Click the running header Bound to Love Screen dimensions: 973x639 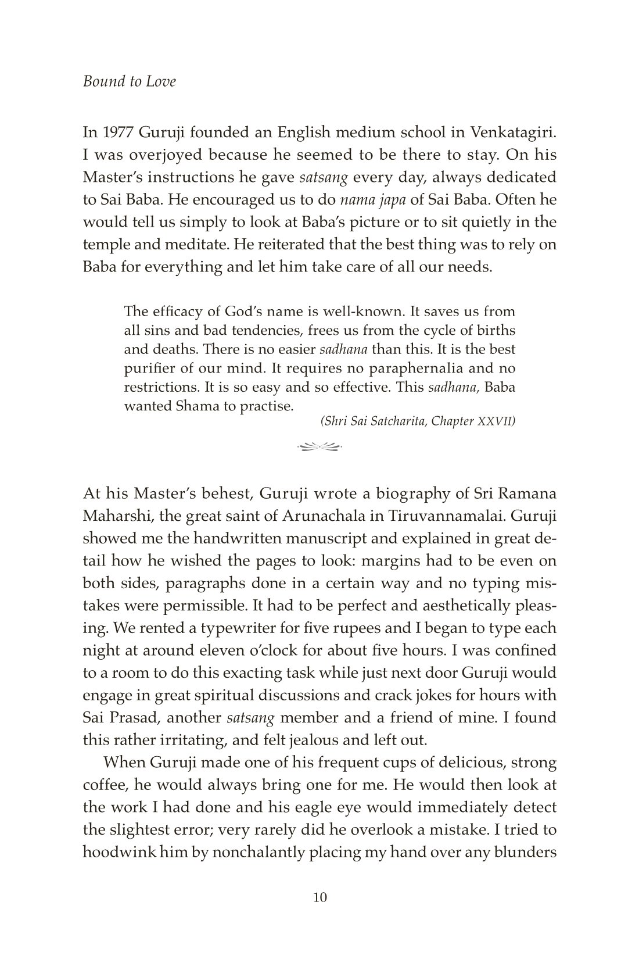point(129,81)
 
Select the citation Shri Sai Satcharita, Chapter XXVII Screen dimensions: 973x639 point(418,421)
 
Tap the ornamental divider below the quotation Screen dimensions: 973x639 point(319,446)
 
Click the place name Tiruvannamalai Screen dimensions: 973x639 point(460,516)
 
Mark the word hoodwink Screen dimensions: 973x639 point(120,852)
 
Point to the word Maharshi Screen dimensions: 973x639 point(116,516)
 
